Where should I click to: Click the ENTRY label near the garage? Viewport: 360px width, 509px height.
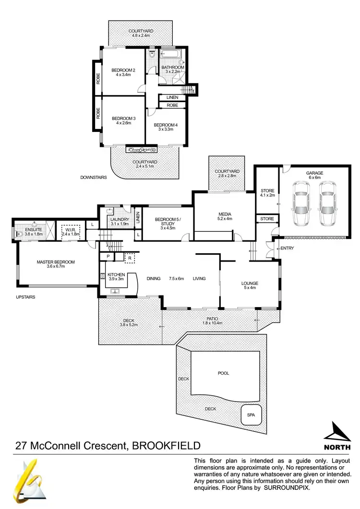point(287,248)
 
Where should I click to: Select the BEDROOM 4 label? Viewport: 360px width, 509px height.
point(166,125)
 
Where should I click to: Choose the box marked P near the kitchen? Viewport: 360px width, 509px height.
point(108,257)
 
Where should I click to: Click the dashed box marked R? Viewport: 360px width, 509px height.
point(129,258)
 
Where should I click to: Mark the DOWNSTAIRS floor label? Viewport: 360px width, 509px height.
point(93,177)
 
